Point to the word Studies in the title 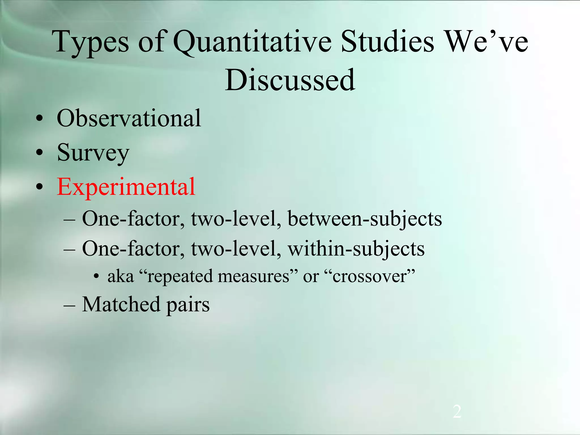click(x=387, y=42)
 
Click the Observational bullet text click(x=129, y=118)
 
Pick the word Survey click(x=93, y=153)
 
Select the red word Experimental click(x=126, y=187)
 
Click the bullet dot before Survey click(x=40, y=153)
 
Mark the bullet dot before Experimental click(x=40, y=187)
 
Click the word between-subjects click(x=365, y=219)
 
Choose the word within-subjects click(x=356, y=249)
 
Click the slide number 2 click(x=457, y=412)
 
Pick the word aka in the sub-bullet click(x=121, y=276)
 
